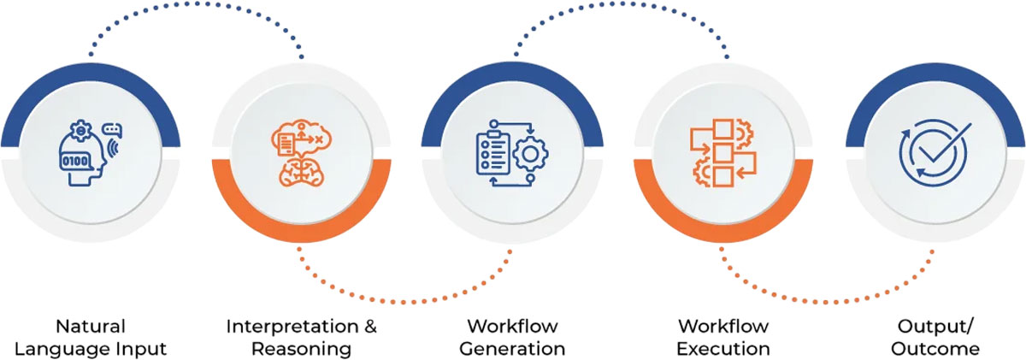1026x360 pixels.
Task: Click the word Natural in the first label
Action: point(91,326)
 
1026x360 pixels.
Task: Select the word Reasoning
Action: point(301,349)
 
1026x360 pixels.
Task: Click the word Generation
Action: point(512,349)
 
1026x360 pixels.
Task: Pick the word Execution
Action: point(723,349)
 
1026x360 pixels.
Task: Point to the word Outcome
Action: point(935,349)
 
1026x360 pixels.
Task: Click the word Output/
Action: point(935,326)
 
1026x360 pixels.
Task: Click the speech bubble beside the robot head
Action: point(111,130)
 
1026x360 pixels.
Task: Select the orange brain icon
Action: point(301,169)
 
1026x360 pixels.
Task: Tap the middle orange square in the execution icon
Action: point(723,153)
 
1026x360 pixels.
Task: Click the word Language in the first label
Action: point(64,349)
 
